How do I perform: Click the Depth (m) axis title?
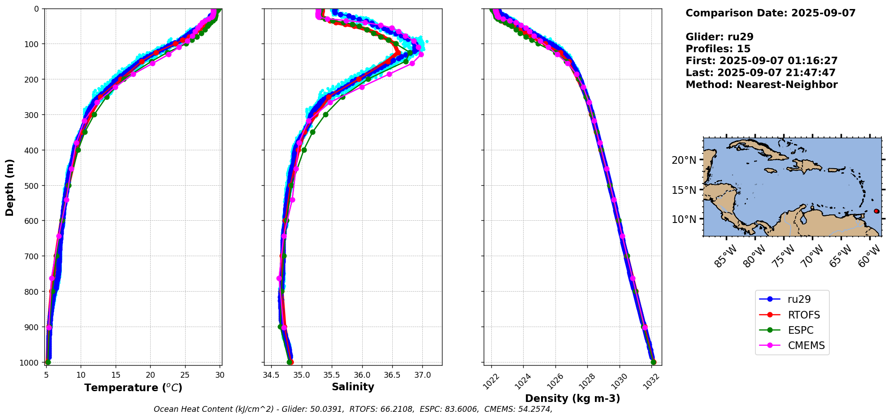click(9, 187)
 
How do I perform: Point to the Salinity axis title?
click(353, 387)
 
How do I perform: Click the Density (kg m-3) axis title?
click(572, 398)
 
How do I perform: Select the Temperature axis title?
click(133, 388)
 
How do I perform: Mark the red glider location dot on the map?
click(876, 211)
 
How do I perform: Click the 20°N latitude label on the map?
click(684, 160)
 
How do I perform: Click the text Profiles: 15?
click(718, 49)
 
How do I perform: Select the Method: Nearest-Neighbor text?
click(761, 85)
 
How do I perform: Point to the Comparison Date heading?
click(770, 13)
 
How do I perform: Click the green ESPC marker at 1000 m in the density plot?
click(653, 362)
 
